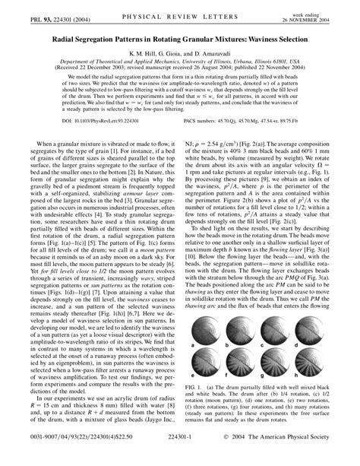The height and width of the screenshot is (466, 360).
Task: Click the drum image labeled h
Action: click(x=321, y=368)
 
